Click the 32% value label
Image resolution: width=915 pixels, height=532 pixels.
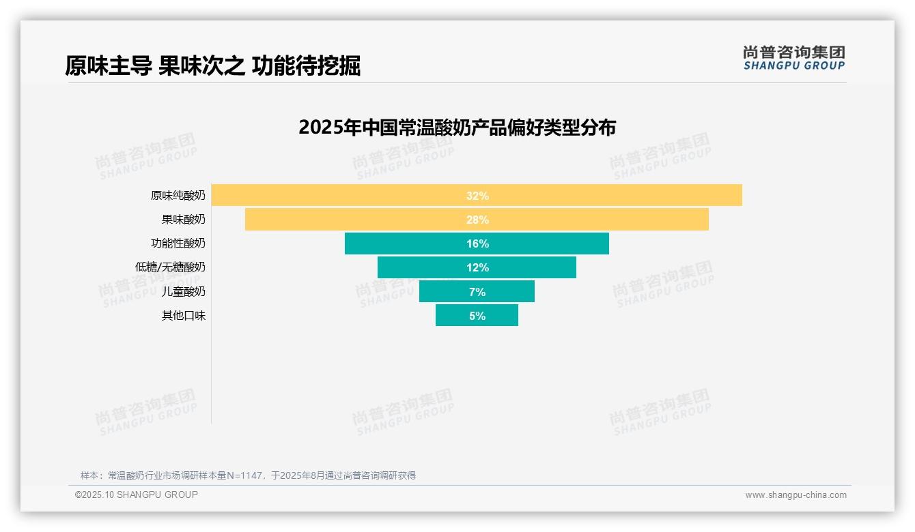coord(477,196)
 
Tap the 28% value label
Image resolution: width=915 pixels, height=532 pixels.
coord(477,220)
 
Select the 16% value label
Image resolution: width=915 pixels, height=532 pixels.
coord(477,243)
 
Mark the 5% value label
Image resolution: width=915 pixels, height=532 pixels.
coord(477,316)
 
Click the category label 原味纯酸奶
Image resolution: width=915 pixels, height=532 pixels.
coord(178,196)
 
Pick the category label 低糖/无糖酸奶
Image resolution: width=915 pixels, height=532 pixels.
coord(170,267)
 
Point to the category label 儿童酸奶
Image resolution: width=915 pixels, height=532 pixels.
coord(183,292)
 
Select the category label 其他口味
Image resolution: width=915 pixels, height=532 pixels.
coord(183,316)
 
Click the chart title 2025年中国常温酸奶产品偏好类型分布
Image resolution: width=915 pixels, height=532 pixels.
coord(457,128)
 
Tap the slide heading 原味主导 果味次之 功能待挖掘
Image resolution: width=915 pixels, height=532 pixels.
coord(212,66)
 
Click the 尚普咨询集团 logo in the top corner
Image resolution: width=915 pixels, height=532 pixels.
coord(793,58)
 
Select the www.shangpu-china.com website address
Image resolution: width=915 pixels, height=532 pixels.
coord(796,495)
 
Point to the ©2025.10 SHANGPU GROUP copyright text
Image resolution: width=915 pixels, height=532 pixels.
coord(137,494)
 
